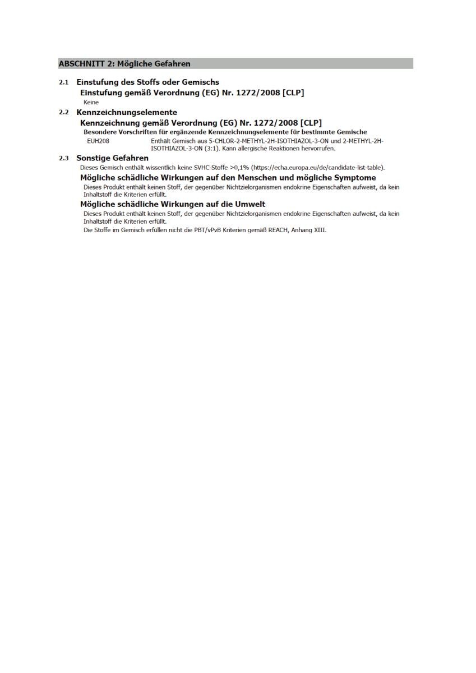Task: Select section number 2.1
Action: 64,82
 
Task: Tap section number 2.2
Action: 64,113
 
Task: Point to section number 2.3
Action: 64,159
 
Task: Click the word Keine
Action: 91,103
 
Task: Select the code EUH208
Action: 98,141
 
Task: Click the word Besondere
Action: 100,132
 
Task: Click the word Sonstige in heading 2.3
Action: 93,158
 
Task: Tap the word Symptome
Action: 355,178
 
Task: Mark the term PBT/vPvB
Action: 207,231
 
